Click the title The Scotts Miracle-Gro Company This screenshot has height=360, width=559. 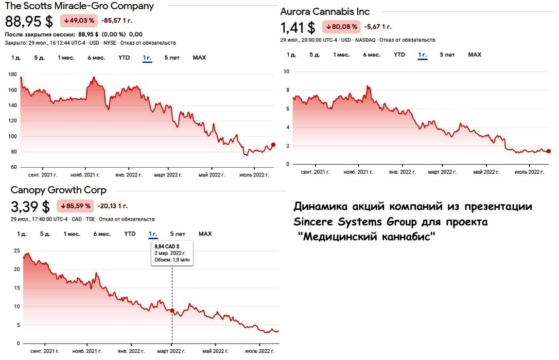pos(79,6)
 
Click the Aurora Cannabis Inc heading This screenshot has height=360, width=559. pos(325,11)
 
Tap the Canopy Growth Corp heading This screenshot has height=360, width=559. pos(59,190)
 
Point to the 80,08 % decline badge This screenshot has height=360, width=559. pos(341,27)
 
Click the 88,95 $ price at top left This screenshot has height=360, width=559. pos(29,22)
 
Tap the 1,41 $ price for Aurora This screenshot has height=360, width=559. pos(298,27)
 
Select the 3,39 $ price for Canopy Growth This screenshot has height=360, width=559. pos(30,207)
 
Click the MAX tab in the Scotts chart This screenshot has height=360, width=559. pos(199,58)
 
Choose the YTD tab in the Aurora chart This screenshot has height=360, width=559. pos(399,55)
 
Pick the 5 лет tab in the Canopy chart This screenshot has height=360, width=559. pos(178,234)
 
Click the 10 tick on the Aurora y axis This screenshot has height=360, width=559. pos(286,71)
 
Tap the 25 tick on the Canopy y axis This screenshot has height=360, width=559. pos(17,251)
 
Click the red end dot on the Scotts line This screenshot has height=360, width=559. pos(273,145)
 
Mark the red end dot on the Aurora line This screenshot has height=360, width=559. pos(549,151)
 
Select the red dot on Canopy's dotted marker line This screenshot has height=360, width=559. pos(172,311)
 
